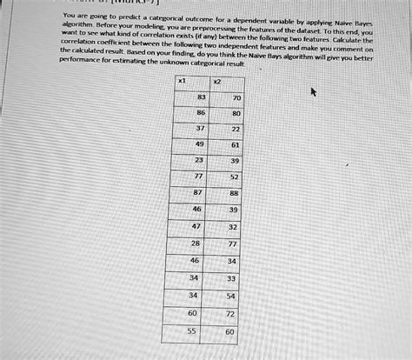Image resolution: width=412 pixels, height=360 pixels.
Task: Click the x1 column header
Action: [x=180, y=80]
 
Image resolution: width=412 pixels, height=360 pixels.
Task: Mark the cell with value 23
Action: [x=199, y=161]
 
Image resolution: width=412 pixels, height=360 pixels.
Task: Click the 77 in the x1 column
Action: [x=199, y=175]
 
